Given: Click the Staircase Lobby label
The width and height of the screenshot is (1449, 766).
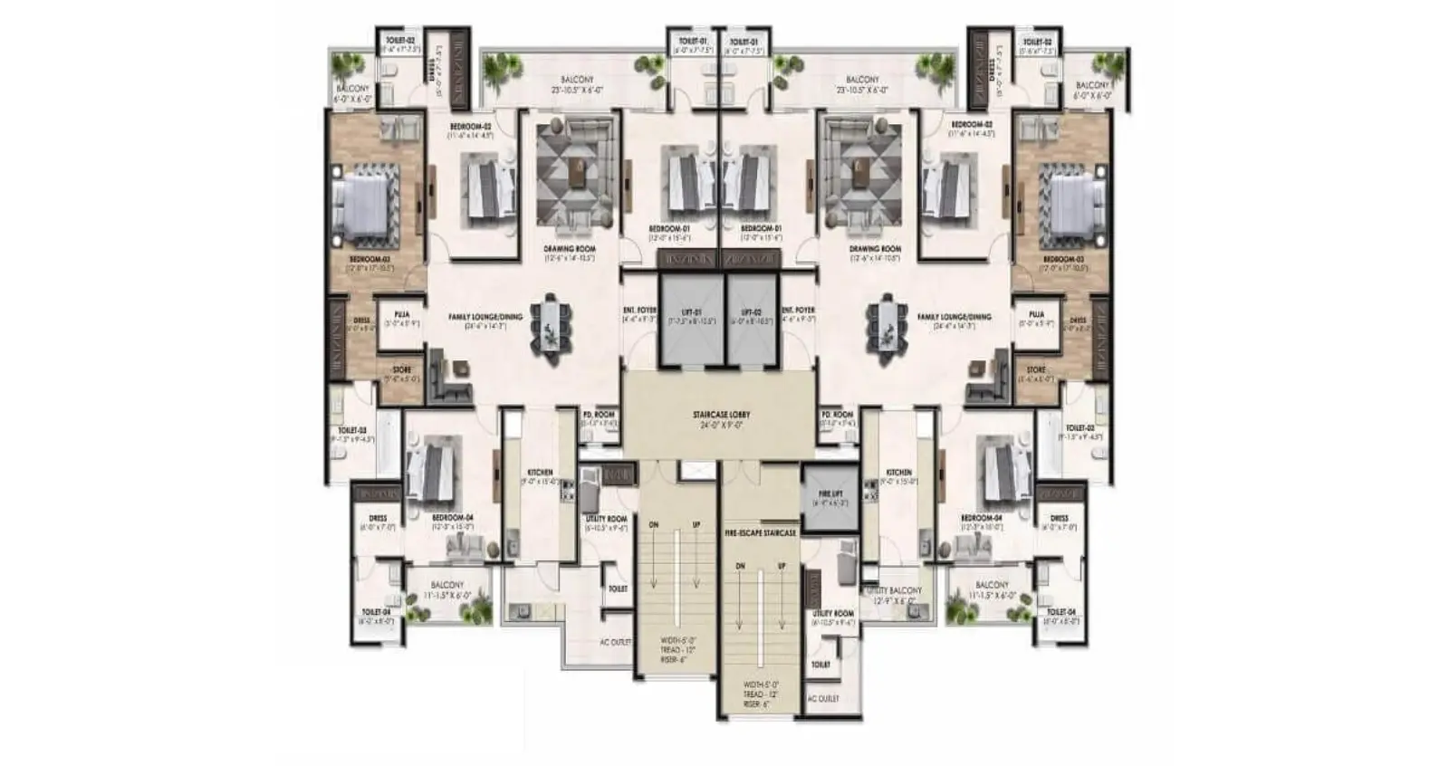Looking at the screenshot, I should coord(721,415).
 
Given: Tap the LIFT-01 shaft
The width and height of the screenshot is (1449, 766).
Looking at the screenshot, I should coord(691,317).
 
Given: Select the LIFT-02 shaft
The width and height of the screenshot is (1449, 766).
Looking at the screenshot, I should coord(752,317).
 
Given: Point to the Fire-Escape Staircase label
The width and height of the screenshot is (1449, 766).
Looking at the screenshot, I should coord(760,533).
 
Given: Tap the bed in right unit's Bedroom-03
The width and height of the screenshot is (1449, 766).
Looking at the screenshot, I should coord(1078,204).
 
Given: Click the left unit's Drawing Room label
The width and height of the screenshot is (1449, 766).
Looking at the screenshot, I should coord(570,249).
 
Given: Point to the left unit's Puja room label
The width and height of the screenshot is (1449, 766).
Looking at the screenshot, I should coord(402,314).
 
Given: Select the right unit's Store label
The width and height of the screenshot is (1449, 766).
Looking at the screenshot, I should coord(1036,370).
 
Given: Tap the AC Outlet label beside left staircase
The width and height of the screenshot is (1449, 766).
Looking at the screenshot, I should coord(615,642).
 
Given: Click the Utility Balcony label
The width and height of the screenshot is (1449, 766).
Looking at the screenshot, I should coord(895,590).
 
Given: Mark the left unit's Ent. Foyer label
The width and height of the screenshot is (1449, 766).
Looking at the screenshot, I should coord(639,311).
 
